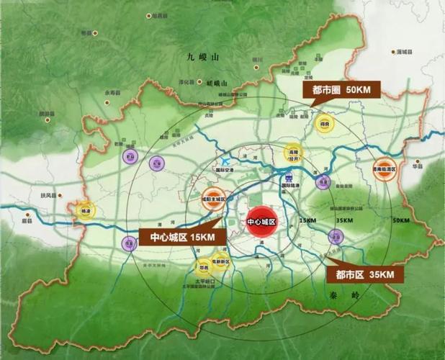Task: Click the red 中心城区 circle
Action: click(x=261, y=222)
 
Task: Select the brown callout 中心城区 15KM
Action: click(x=178, y=237)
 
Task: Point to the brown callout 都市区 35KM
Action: click(x=364, y=274)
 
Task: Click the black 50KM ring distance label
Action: click(x=400, y=219)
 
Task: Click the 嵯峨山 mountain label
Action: click(x=215, y=82)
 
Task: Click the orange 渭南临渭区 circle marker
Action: click(x=386, y=169)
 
